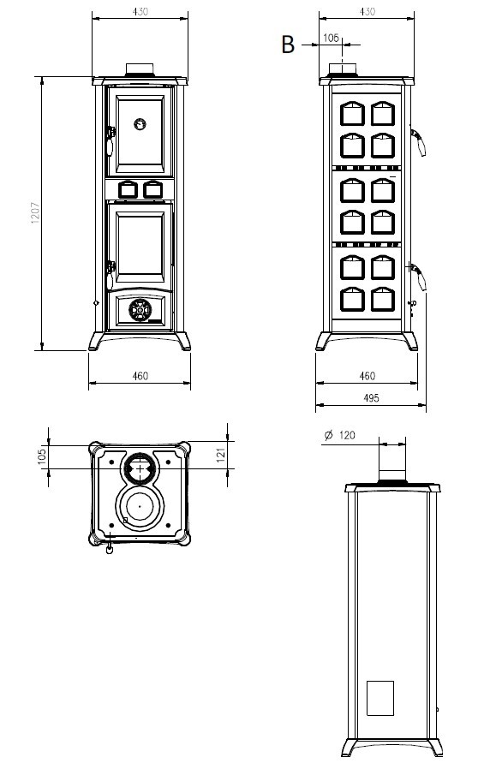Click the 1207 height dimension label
[x=35, y=213]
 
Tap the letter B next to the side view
[x=288, y=45]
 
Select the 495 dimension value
[x=371, y=397]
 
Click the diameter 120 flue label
[x=340, y=435]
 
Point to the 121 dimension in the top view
[x=221, y=455]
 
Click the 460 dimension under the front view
[x=140, y=376]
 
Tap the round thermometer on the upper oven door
[x=140, y=123]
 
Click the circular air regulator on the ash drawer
[x=140, y=310]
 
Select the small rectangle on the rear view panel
[x=380, y=698]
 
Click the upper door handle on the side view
[x=418, y=142]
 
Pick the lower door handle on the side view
[x=418, y=277]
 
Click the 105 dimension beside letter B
[x=331, y=38]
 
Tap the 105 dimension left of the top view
[x=42, y=456]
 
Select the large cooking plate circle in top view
[x=140, y=507]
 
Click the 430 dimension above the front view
[x=140, y=11]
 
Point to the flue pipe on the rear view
[x=391, y=458]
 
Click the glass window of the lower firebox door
[x=140, y=244]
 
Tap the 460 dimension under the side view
[x=367, y=376]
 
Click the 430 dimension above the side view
[x=367, y=11]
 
